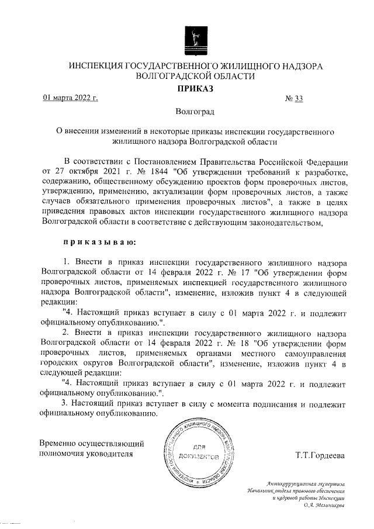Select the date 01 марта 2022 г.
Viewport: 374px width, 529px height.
[70, 98]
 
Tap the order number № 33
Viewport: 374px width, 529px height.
[294, 98]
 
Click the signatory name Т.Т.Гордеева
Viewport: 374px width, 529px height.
[320, 455]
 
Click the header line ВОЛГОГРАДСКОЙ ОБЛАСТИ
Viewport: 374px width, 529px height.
[195, 76]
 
